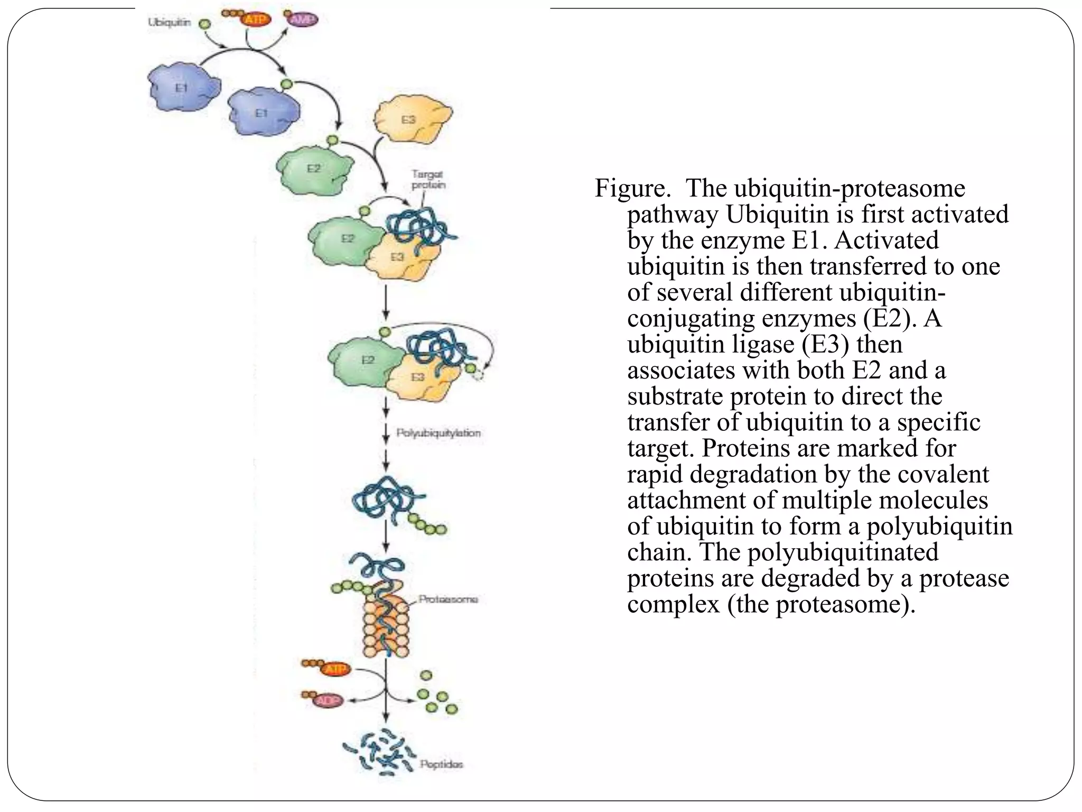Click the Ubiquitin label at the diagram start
(169, 23)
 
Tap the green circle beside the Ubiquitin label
(204, 24)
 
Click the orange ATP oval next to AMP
(256, 20)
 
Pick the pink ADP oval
(329, 700)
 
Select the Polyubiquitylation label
(439, 433)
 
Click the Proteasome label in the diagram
(448, 599)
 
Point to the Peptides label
(441, 764)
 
